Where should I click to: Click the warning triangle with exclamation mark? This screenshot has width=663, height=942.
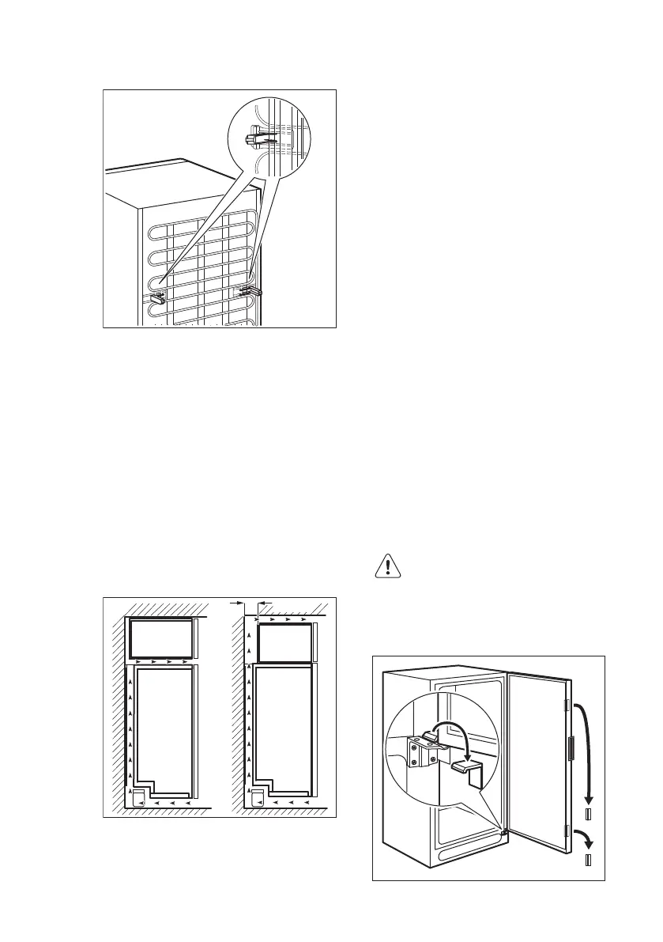388,568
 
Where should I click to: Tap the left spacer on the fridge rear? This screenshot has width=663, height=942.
156,297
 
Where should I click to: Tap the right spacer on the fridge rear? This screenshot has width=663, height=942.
250,291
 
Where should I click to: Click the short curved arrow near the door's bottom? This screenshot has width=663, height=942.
585,836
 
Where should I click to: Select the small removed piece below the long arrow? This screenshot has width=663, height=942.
588,815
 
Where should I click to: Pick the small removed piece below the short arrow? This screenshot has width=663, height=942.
588,859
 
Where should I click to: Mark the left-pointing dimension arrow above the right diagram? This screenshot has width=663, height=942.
264,603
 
